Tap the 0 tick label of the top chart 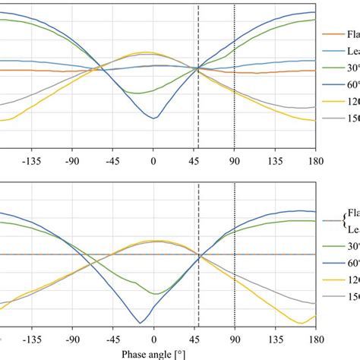[x=153, y=161]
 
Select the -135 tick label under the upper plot [x=31, y=161]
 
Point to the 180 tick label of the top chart [x=315, y=161]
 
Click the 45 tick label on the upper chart [x=194, y=161]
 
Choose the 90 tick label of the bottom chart [x=235, y=340]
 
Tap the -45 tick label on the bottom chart [x=112, y=340]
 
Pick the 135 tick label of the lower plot [x=276, y=340]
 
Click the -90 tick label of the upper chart [x=71, y=161]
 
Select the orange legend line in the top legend [x=333, y=34]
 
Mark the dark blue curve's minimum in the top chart [x=154, y=118]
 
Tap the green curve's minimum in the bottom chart [x=155, y=293]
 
